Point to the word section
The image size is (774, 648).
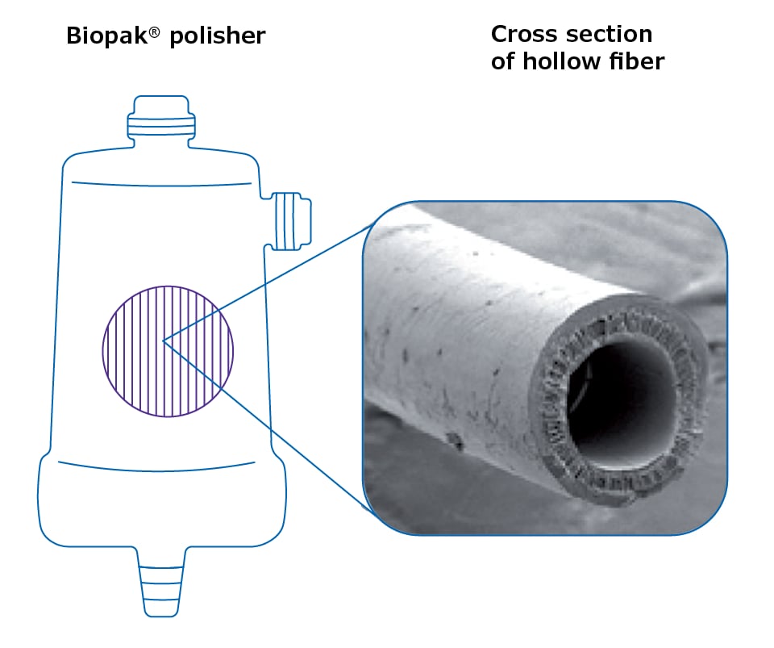point(610,35)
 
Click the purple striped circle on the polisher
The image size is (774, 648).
point(168,351)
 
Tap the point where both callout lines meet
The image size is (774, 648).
point(164,341)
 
